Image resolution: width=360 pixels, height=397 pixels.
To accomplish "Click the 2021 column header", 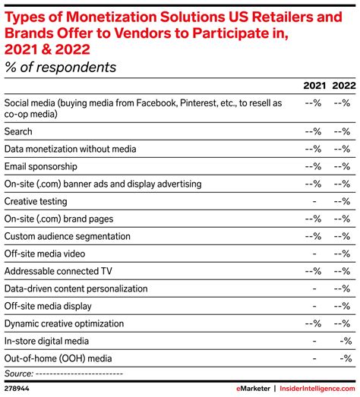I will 314,86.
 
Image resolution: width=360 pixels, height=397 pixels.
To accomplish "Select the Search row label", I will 19,131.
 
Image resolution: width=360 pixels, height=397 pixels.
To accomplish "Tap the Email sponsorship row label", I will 41,166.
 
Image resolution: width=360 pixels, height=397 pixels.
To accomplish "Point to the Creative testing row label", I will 36,201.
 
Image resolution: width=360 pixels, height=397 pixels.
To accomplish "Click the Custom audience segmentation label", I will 67,236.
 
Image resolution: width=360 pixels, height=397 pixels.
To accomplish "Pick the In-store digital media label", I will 47,341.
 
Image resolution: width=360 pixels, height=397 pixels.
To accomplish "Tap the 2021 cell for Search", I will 313,131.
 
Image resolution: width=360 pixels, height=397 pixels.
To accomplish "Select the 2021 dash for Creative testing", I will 314,201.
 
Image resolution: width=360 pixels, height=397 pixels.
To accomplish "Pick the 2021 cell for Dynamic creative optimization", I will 313,323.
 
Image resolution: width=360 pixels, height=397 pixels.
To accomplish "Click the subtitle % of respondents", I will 61,68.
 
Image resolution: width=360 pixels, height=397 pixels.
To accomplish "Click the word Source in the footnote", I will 17,373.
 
